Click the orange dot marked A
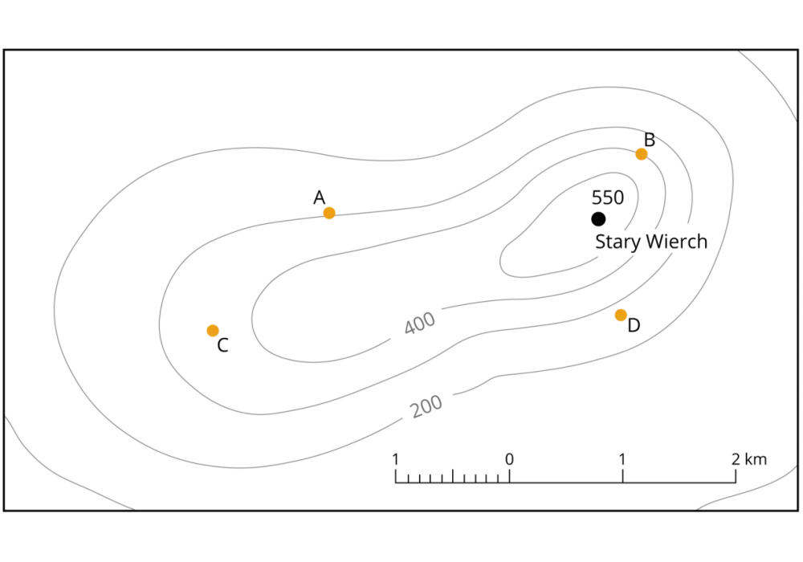click(329, 213)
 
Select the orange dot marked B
click(641, 154)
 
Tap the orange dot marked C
click(213, 331)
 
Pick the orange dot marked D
click(621, 315)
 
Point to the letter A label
click(319, 198)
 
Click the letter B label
click(650, 139)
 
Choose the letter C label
click(222, 345)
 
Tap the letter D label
click(634, 325)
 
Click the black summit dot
click(598, 219)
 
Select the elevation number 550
click(608, 198)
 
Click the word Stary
click(618, 242)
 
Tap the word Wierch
click(676, 241)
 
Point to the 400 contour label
click(419, 324)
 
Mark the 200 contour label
click(426, 406)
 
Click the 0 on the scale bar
click(509, 459)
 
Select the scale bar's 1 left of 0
click(395, 459)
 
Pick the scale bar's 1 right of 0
click(622, 459)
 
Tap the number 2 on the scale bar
click(736, 459)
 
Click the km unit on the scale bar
click(756, 459)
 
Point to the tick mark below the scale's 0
click(509, 475)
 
